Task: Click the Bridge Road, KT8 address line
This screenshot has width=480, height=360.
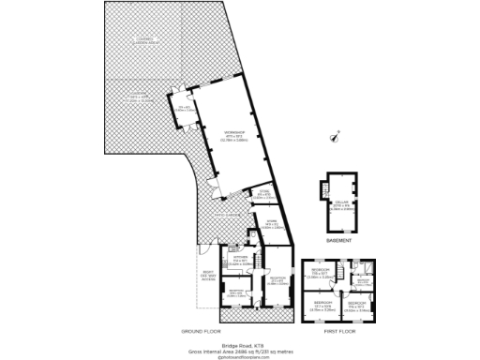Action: click(x=240, y=343)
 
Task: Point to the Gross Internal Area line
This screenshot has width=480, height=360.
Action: click(x=240, y=349)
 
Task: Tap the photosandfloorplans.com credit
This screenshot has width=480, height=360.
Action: click(x=240, y=355)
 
